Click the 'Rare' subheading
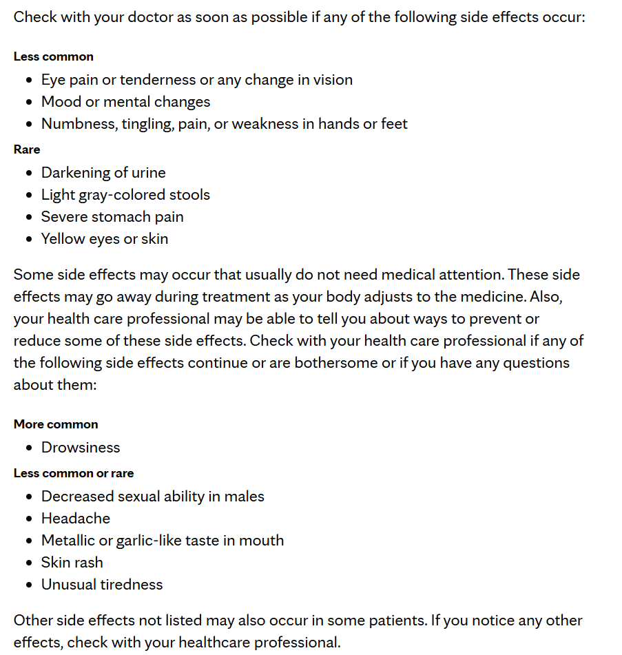pyautogui.click(x=27, y=149)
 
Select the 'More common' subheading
pyautogui.click(x=56, y=424)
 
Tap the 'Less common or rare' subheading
pyautogui.click(x=74, y=473)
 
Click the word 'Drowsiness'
pyautogui.click(x=81, y=448)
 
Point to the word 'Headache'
pyautogui.click(x=76, y=519)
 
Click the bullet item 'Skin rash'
pyautogui.click(x=72, y=563)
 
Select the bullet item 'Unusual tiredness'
pyautogui.click(x=102, y=585)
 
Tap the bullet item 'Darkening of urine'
pyautogui.click(x=103, y=173)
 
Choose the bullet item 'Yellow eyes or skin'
pyautogui.click(x=105, y=239)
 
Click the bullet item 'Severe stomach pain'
pyautogui.click(x=112, y=217)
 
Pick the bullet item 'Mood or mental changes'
pyautogui.click(x=125, y=102)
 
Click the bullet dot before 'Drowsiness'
pyautogui.click(x=29, y=448)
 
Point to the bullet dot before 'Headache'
pyautogui.click(x=29, y=519)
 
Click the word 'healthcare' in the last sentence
pyautogui.click(x=214, y=643)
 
